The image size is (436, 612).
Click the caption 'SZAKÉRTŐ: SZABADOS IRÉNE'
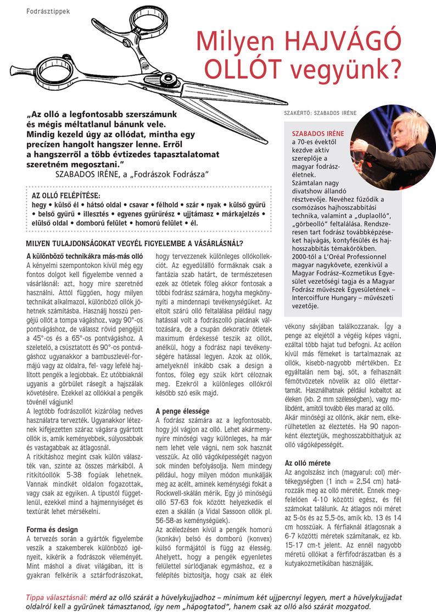pyautogui.click(x=320, y=113)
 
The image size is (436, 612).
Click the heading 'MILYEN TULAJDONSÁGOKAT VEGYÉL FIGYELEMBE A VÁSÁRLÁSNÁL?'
pyautogui.click(x=135, y=244)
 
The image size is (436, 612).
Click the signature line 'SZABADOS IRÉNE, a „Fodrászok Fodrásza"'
pyautogui.click(x=131, y=174)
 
